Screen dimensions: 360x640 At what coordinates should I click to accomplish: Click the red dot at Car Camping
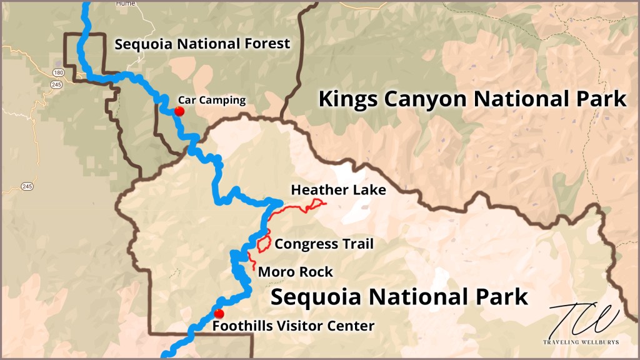(x=179, y=112)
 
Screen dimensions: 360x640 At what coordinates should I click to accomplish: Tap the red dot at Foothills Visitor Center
(x=218, y=314)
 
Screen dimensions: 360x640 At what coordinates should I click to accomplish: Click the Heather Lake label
(x=338, y=189)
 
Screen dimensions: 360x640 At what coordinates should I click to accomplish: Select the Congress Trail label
(x=324, y=244)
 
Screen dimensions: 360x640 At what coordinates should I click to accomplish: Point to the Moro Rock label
(x=295, y=272)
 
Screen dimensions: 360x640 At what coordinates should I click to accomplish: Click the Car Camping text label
(x=212, y=99)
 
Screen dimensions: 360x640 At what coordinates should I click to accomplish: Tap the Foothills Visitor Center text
(x=293, y=326)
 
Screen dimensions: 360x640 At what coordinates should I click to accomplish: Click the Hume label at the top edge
(x=125, y=3)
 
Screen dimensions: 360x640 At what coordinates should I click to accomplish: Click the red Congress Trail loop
(x=263, y=244)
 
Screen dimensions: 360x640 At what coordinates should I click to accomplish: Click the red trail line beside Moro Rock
(x=251, y=261)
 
